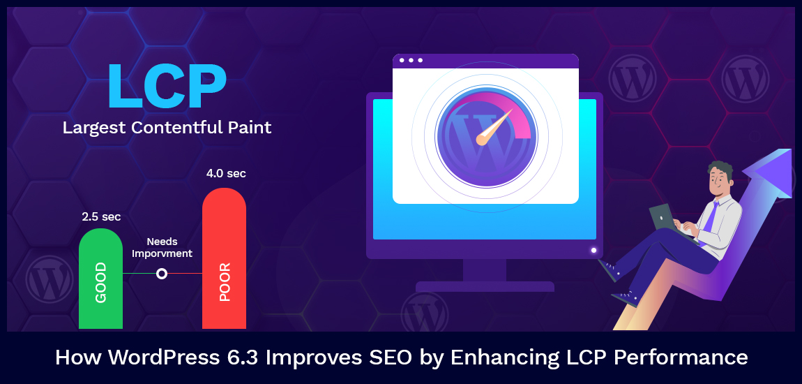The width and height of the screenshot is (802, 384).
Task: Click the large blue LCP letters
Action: [x=166, y=87]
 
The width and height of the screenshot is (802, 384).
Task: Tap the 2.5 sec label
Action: [x=101, y=217]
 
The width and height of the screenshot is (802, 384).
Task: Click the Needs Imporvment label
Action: [x=162, y=248]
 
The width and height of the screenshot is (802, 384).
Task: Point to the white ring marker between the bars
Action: [x=162, y=274]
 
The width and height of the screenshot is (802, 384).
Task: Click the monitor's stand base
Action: [x=485, y=286]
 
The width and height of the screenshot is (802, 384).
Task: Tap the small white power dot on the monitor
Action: [x=593, y=250]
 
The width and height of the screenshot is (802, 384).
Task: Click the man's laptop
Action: [x=663, y=219]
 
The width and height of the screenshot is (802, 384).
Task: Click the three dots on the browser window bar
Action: [x=411, y=60]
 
